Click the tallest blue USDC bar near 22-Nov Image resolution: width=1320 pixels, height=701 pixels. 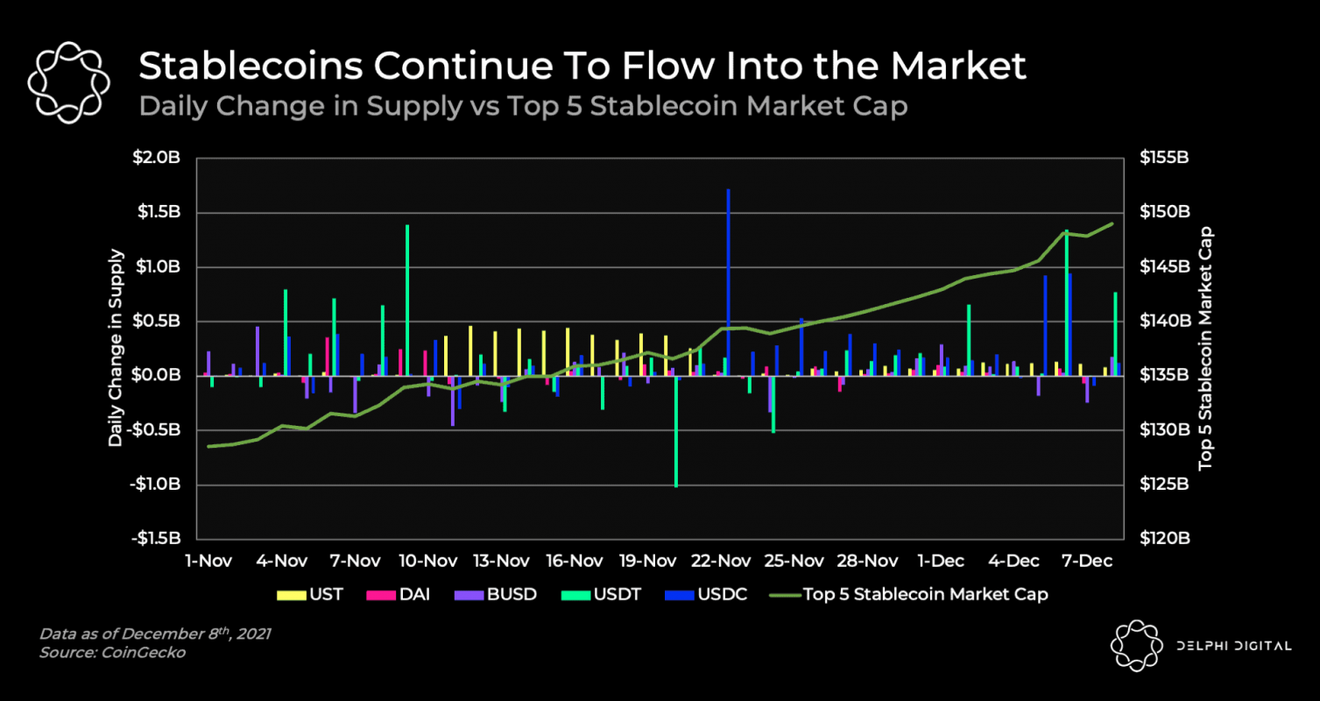point(728,280)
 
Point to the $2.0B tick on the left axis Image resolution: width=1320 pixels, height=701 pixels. point(158,159)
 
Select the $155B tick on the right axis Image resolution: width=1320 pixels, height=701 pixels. point(1164,159)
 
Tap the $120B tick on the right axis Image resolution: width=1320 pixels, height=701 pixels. point(1164,538)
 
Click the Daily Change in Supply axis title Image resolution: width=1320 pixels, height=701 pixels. point(116,348)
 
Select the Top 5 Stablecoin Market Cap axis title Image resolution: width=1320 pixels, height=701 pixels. point(1206,348)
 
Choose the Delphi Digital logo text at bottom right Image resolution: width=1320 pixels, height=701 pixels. point(1232,646)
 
